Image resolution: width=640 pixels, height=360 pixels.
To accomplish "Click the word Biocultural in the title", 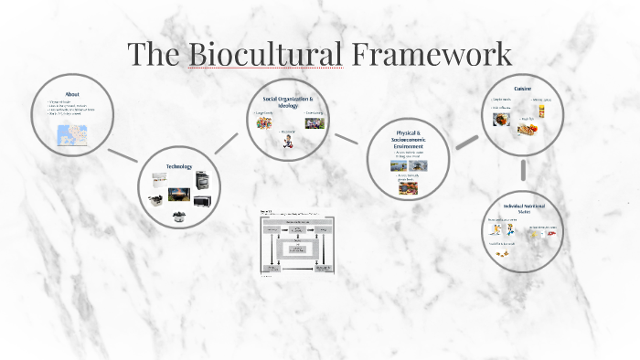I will tap(265, 54).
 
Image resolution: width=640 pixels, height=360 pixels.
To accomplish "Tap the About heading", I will tap(72, 93).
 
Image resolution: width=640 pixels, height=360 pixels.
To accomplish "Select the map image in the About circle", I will tap(70, 136).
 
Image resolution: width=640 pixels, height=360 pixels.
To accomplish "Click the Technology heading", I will tap(179, 166).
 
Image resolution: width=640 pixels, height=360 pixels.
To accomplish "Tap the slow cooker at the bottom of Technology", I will tap(179, 216).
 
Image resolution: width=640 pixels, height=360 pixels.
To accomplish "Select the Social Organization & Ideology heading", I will tap(288, 101).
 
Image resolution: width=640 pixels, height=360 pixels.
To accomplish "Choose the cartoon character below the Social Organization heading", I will tap(288, 143).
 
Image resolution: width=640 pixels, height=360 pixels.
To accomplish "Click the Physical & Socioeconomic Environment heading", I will tap(409, 142).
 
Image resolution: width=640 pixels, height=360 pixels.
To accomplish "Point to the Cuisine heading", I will tap(523, 89).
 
